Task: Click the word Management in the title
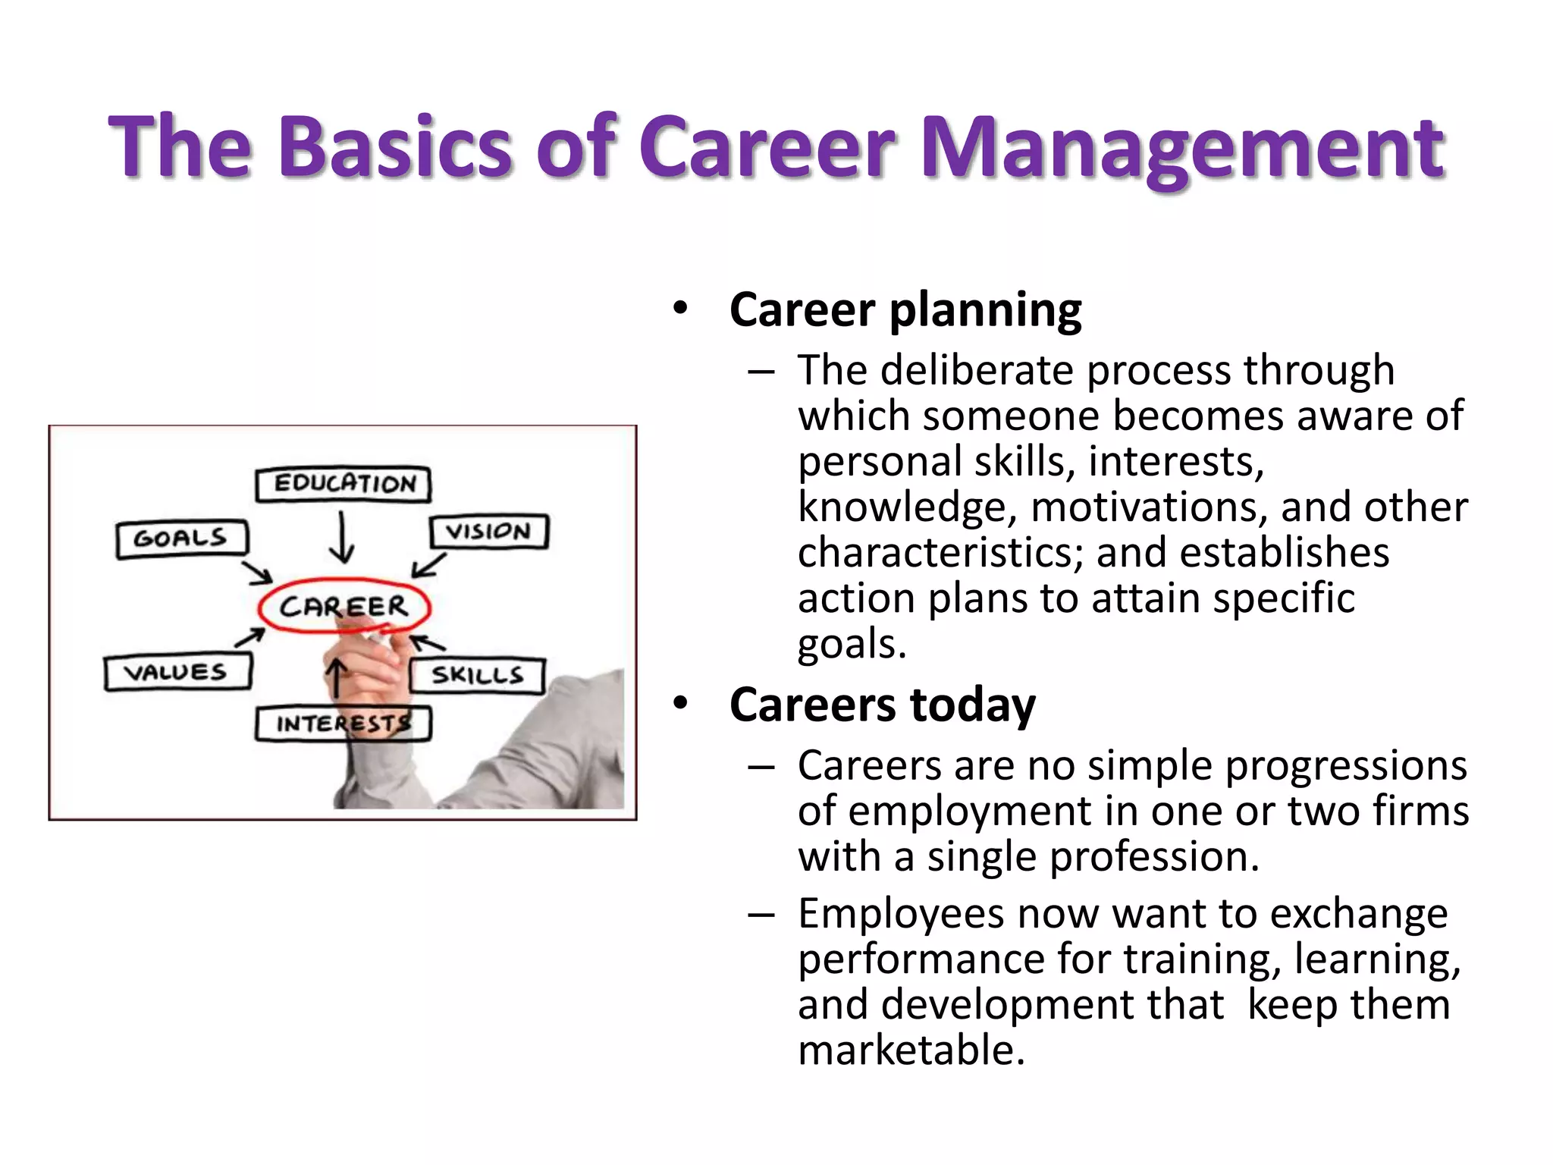(x=1183, y=148)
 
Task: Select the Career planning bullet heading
(x=905, y=310)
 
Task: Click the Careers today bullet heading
(x=882, y=705)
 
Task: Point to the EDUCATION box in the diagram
(x=344, y=484)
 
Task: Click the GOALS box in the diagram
(x=181, y=539)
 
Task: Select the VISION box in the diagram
(x=488, y=531)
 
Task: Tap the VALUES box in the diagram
(x=177, y=672)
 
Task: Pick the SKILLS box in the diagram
(x=477, y=675)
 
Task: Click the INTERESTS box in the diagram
(x=343, y=724)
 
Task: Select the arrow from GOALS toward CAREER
(x=257, y=572)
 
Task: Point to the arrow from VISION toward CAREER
(x=429, y=566)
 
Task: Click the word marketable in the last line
(x=910, y=1050)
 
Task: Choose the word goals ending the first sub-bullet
(x=851, y=645)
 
